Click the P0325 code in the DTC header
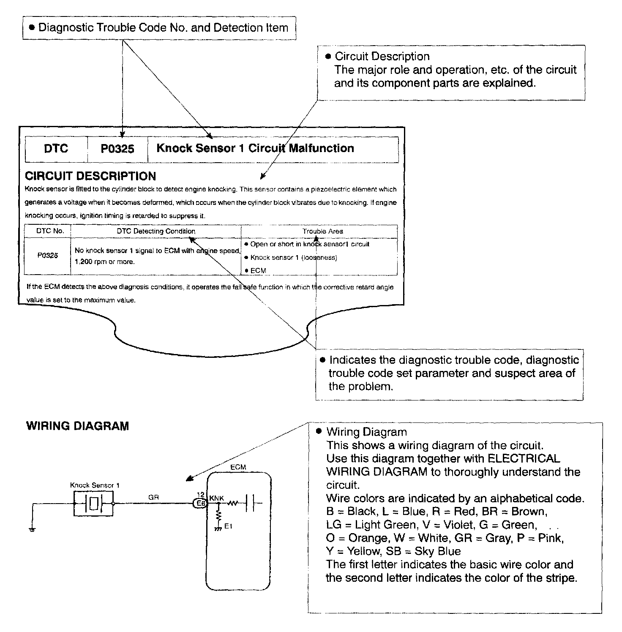117,149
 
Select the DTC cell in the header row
56,149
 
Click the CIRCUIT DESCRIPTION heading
90,176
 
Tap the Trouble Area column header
323,231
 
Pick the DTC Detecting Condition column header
156,231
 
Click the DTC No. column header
50,231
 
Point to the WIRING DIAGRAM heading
77,426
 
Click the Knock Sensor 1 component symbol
94,503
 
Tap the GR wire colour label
153,498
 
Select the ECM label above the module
238,467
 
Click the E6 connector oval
200,503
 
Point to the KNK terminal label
217,498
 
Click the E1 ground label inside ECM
228,526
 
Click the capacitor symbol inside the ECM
250,503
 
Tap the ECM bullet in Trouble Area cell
258,270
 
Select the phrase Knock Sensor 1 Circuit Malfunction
255,148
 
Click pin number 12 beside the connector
201,494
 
